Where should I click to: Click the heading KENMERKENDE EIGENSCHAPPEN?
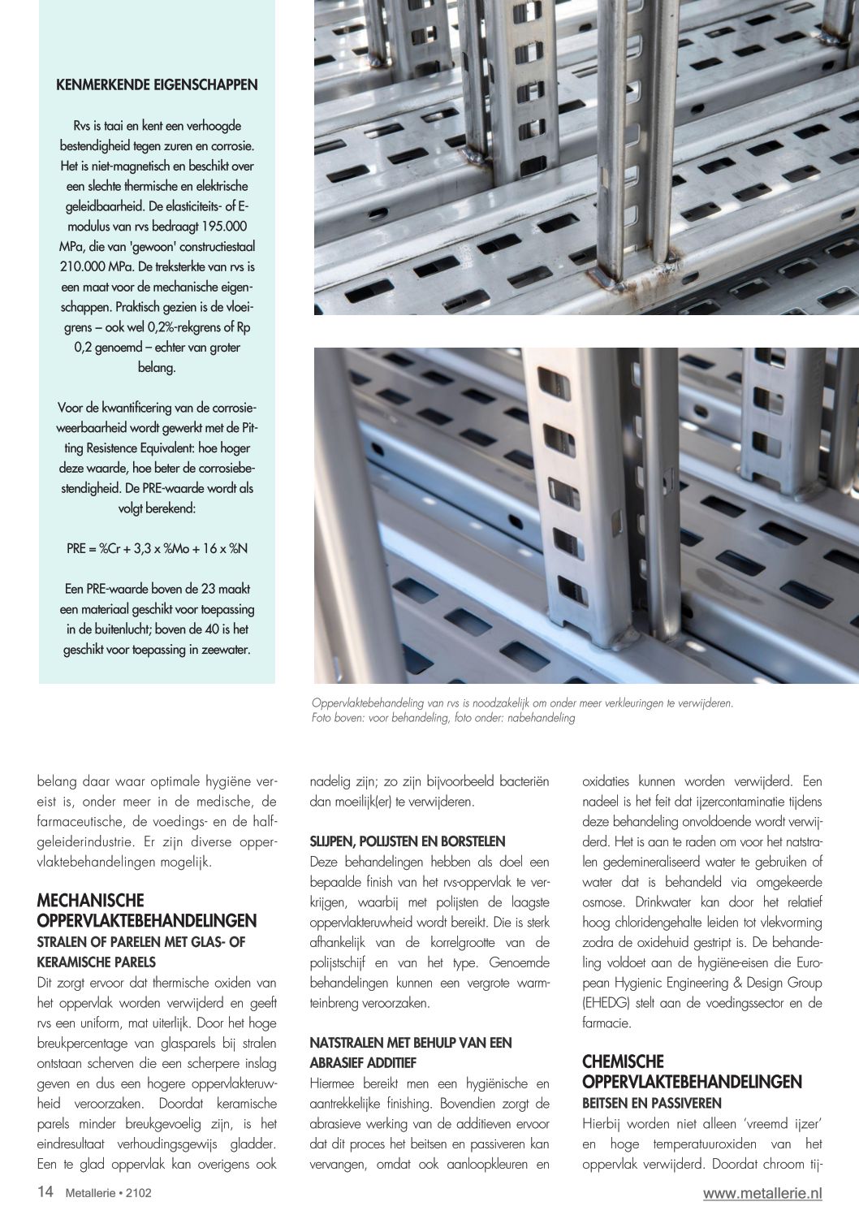[x=157, y=84]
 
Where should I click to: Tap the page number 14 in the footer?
[x=45, y=1192]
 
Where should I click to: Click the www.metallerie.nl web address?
[x=762, y=1193]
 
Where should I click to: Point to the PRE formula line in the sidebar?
[x=157, y=548]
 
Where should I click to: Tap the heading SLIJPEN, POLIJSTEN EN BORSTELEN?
[x=407, y=841]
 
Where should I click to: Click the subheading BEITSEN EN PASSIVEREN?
[x=652, y=1103]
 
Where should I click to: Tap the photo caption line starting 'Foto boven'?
[x=443, y=718]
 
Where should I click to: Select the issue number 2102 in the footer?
[x=138, y=1194]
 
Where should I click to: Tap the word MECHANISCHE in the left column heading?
[x=91, y=901]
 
